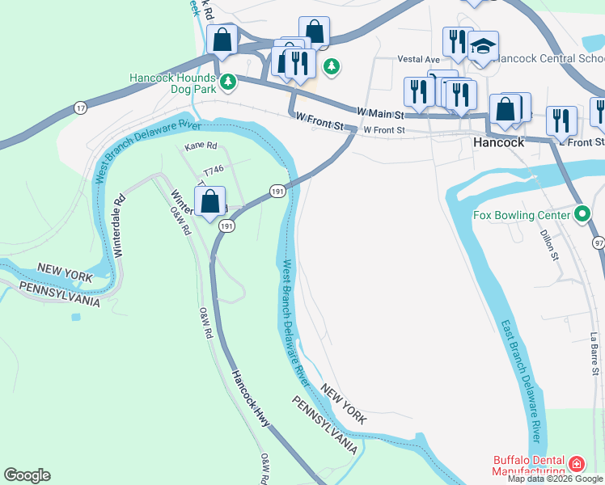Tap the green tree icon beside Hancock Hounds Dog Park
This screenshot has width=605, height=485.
tap(229, 81)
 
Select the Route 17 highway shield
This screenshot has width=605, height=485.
tap(79, 108)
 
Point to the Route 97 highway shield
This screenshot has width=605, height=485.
tap(599, 242)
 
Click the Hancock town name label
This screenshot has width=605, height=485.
tap(498, 142)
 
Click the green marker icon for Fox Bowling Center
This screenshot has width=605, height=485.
tap(582, 214)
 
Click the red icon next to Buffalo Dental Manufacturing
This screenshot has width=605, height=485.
tap(576, 464)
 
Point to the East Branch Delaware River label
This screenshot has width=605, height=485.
tap(521, 379)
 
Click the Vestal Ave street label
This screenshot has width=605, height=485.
tap(418, 60)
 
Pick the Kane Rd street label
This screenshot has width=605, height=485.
tap(201, 146)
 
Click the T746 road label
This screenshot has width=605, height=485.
tap(214, 171)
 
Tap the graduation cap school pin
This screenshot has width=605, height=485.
tap(483, 48)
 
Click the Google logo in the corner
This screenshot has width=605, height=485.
tap(27, 474)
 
